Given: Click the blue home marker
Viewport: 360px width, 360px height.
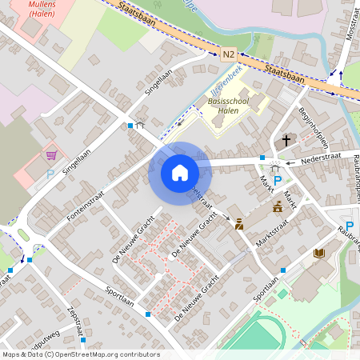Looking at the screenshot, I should pyautogui.click(x=180, y=173).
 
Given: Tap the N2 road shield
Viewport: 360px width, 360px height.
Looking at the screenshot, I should pyautogui.click(x=229, y=54).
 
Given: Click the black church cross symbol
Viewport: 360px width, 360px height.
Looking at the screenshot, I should pyautogui.click(x=286, y=140).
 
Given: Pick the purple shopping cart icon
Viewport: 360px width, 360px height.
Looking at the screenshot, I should pyautogui.click(x=52, y=154).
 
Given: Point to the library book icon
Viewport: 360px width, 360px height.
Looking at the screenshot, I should pyautogui.click(x=318, y=254).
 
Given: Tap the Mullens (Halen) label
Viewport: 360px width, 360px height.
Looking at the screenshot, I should pyautogui.click(x=42, y=9).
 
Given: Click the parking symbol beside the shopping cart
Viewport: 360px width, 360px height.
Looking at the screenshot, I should pyautogui.click(x=50, y=173).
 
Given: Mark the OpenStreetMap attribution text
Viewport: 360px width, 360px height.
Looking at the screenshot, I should pyautogui.click(x=80, y=354).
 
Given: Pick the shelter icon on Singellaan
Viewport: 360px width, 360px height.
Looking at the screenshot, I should pyautogui.click(x=141, y=126).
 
